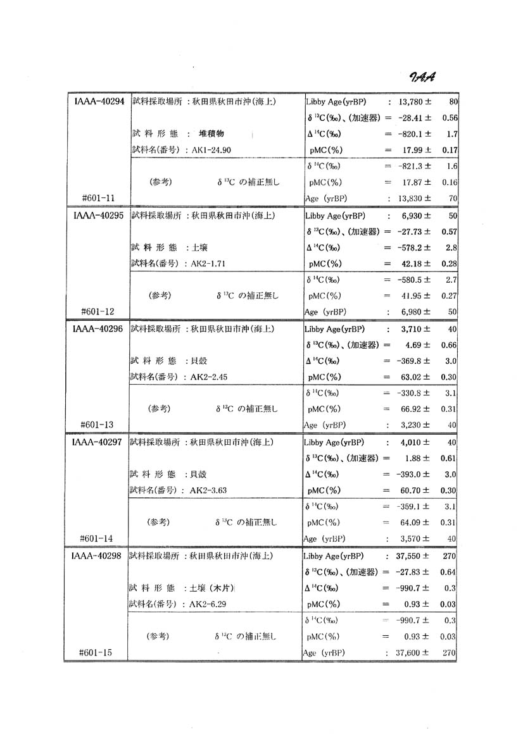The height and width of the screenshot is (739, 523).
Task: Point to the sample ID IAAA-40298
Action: click(97, 556)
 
